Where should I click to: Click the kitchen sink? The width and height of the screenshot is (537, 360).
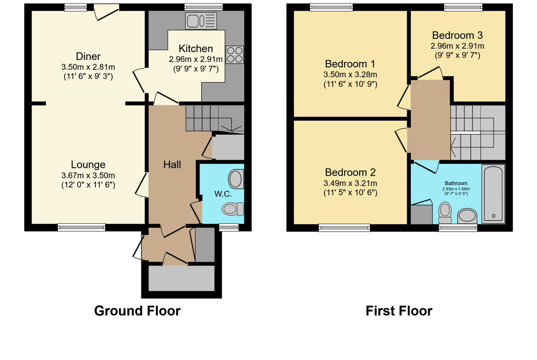pos(201,21)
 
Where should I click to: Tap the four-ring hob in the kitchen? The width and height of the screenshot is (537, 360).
pos(235,55)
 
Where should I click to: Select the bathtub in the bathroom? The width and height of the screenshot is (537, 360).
pos(493,194)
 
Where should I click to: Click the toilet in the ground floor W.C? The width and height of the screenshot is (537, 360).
pos(233,209)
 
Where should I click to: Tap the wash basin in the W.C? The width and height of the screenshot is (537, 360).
pos(236,179)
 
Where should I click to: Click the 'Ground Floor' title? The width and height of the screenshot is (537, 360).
pos(137,311)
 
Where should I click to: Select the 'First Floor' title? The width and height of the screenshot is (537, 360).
pos(399,311)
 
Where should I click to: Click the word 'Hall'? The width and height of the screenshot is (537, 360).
pos(172,165)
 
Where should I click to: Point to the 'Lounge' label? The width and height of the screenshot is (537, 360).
pos(88,165)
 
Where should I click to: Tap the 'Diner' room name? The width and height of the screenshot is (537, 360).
pos(89,56)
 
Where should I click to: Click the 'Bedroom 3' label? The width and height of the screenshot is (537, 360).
pos(457,35)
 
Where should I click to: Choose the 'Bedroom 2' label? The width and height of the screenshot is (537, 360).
pos(350,172)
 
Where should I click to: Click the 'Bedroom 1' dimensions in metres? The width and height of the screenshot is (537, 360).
pos(350,74)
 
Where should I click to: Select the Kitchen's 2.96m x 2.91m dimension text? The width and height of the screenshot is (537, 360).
pos(196,59)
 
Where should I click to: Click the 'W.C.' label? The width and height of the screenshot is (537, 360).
pos(224,194)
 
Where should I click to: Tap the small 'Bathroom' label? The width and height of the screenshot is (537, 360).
pos(456,183)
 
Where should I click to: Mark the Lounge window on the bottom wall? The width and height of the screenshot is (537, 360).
pos(82,227)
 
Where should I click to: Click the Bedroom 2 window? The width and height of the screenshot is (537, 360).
pos(345,227)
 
